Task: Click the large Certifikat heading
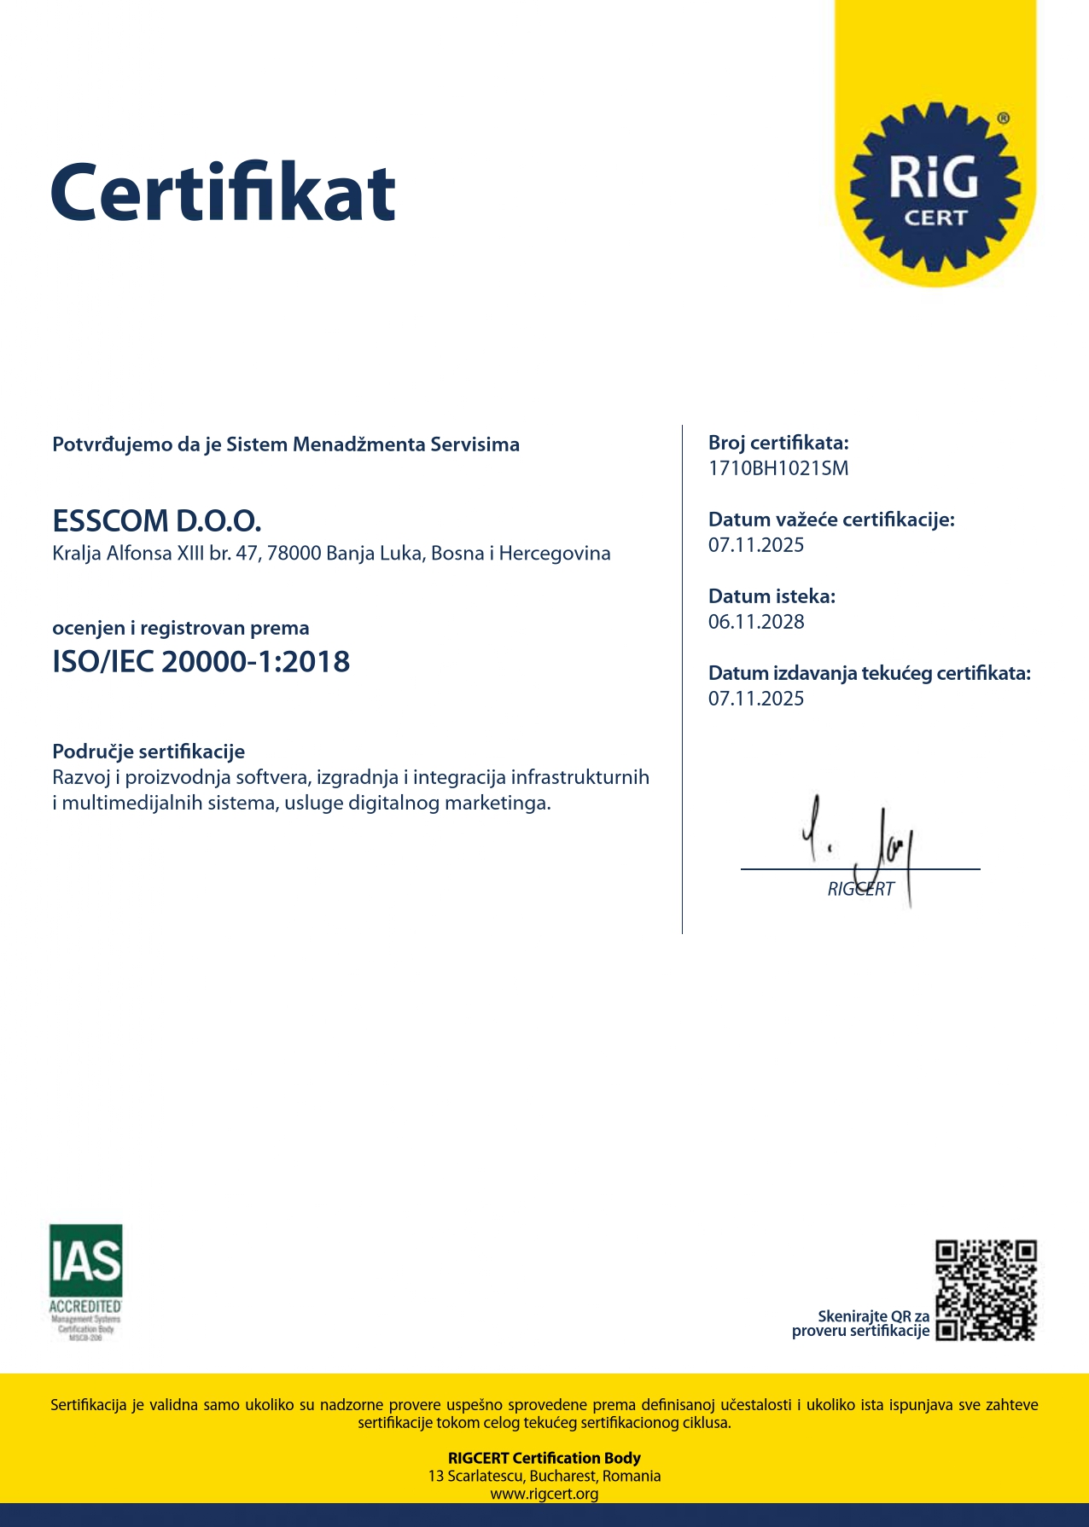click(x=223, y=192)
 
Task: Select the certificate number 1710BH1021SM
click(x=778, y=468)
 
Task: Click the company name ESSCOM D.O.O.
click(x=157, y=520)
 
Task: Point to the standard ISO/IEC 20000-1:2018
click(x=201, y=662)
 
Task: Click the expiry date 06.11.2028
click(x=756, y=622)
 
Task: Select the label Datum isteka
click(x=772, y=596)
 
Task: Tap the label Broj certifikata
click(x=778, y=443)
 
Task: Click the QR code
click(x=986, y=1291)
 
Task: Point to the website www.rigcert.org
click(x=544, y=1494)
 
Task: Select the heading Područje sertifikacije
click(x=148, y=752)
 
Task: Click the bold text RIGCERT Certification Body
click(x=544, y=1458)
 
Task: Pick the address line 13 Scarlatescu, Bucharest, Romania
click(x=544, y=1476)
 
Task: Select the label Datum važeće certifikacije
click(x=831, y=520)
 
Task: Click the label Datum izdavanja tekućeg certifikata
click(x=870, y=673)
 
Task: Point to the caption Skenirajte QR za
click(x=873, y=1316)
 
